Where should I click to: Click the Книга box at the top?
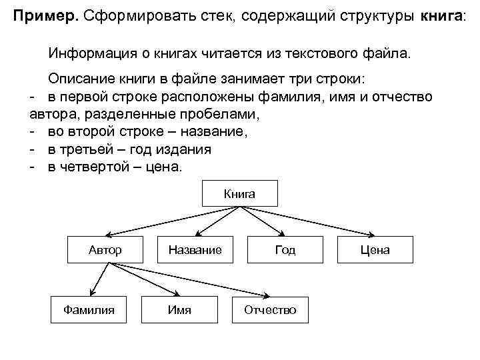(x=239, y=194)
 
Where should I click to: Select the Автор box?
(x=105, y=250)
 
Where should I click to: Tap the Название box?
(x=195, y=250)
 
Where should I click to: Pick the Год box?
(x=285, y=250)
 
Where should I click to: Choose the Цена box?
(x=375, y=250)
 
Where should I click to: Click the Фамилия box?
(x=88, y=309)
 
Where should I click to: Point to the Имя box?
(x=179, y=309)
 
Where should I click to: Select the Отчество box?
(x=270, y=310)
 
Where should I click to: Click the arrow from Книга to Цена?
(x=313, y=222)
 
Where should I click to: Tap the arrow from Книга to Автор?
(x=167, y=222)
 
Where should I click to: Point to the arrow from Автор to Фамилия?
(x=97, y=279)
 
